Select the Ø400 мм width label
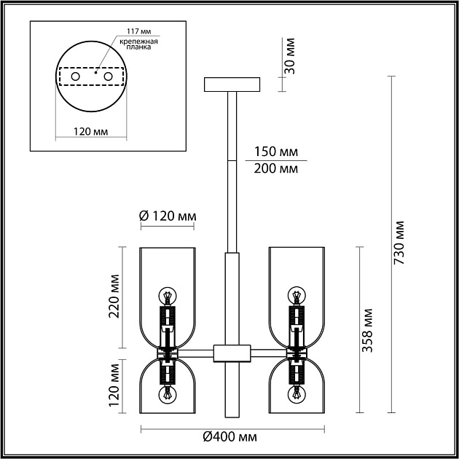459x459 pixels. click(x=231, y=437)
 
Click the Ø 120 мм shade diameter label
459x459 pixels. click(x=167, y=216)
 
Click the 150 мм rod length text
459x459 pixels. click(x=275, y=152)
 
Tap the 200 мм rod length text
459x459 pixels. click(x=275, y=169)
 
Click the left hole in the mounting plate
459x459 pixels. click(x=74, y=76)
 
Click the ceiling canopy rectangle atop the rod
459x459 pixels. click(x=233, y=85)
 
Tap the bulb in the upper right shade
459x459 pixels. click(x=297, y=297)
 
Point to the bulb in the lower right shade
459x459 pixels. click(x=297, y=395)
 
